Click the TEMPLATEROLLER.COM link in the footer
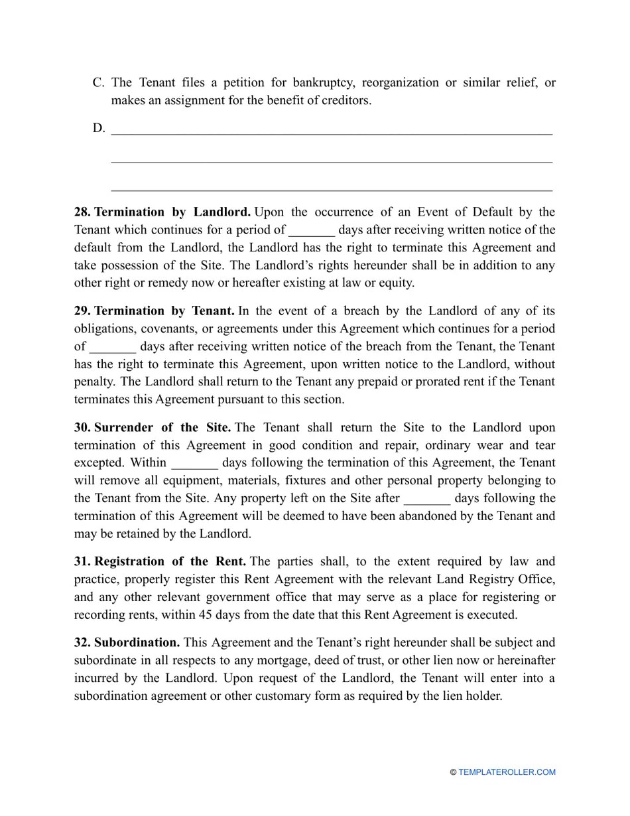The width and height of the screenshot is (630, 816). click(x=507, y=772)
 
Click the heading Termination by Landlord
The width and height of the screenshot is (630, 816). click(x=172, y=212)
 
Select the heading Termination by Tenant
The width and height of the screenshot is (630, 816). click(x=164, y=311)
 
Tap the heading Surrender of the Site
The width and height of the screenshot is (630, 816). click(x=162, y=428)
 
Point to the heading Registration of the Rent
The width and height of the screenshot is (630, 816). click(x=170, y=562)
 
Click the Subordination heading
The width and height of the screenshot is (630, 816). click(x=137, y=643)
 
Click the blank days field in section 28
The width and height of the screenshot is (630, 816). click(x=312, y=231)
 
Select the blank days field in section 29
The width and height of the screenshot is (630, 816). click(x=113, y=347)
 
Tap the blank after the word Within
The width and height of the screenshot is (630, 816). click(x=194, y=463)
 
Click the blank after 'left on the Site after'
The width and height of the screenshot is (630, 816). click(x=427, y=499)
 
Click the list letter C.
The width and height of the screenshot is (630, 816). click(x=98, y=83)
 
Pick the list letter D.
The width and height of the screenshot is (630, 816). click(x=98, y=128)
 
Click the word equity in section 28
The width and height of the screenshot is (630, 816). click(x=394, y=283)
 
